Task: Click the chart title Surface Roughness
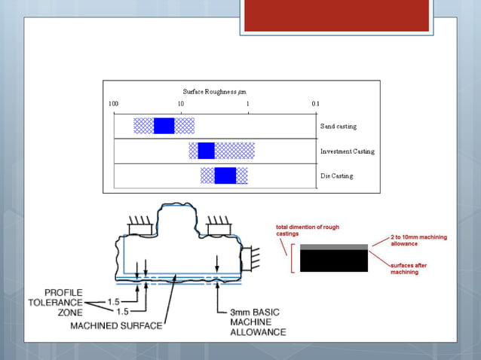(x=214, y=92)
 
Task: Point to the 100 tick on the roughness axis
(x=113, y=104)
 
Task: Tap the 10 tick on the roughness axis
(x=181, y=104)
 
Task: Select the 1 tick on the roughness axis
(x=248, y=104)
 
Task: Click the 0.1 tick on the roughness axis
(x=314, y=104)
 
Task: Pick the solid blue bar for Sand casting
(x=164, y=126)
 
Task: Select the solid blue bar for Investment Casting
(x=206, y=151)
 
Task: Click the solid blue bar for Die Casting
(x=225, y=175)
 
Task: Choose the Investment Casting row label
(x=347, y=151)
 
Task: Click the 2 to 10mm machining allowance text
(x=418, y=241)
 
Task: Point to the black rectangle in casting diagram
(x=334, y=261)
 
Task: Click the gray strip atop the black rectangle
(x=334, y=246)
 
